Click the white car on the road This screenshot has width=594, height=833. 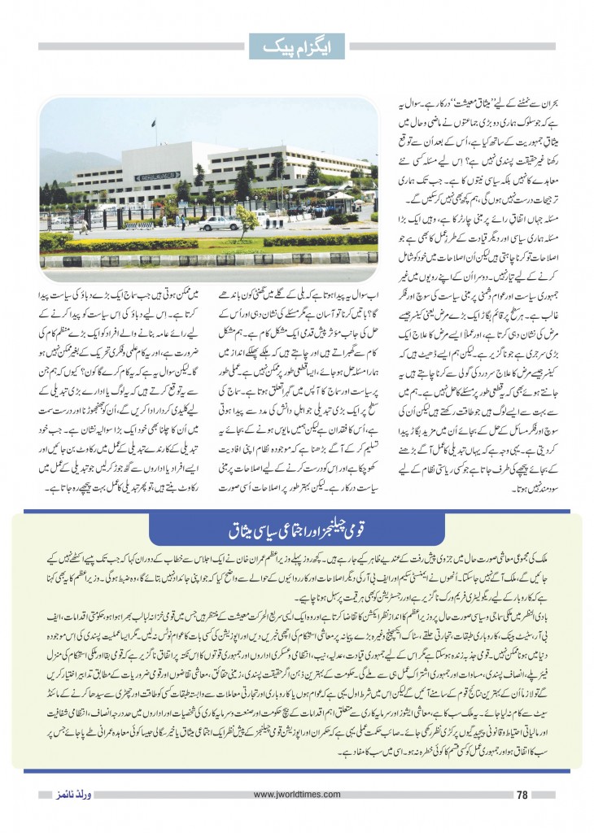click(219, 222)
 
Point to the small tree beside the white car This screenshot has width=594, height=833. click(247, 218)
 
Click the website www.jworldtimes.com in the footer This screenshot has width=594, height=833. click(296, 795)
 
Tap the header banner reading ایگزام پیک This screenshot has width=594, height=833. click(297, 46)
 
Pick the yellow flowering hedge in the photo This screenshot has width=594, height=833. click(130, 243)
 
